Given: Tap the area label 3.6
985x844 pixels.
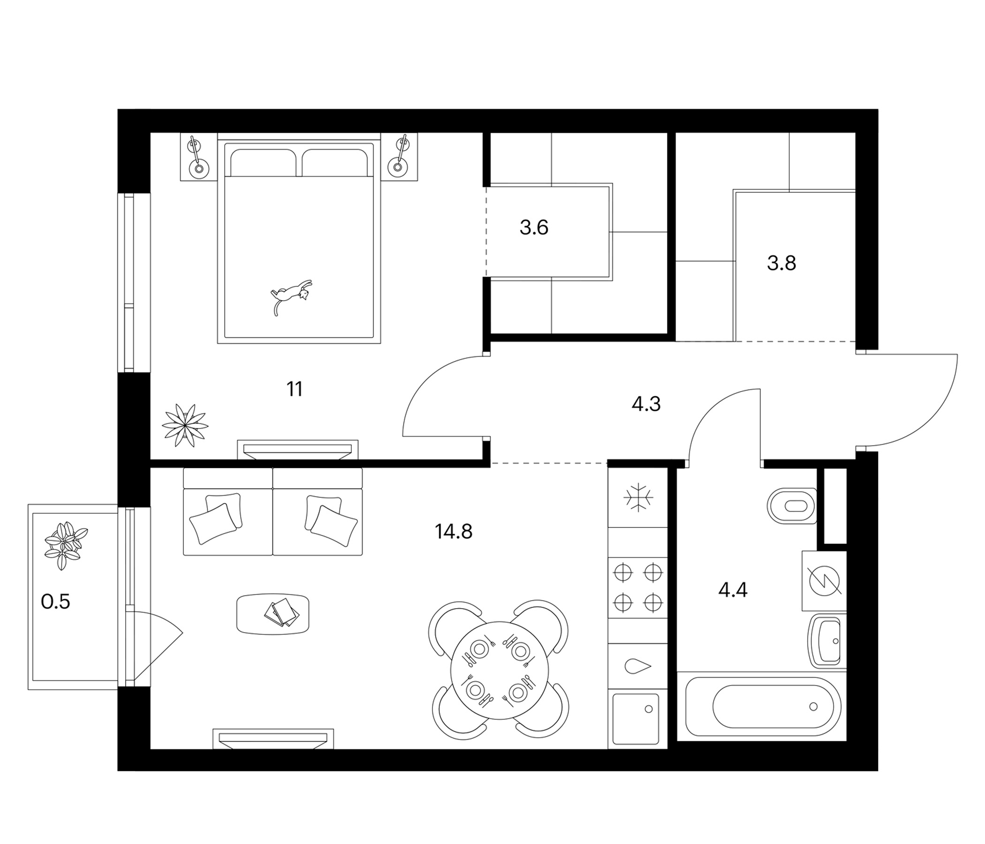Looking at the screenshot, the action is click(x=534, y=227).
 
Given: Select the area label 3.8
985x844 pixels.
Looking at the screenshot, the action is click(x=781, y=263).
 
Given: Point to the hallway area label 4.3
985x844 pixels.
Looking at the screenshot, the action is click(x=646, y=404).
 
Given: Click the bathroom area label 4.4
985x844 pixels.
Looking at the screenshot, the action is click(x=733, y=590).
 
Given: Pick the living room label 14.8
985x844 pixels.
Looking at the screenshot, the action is click(x=454, y=531).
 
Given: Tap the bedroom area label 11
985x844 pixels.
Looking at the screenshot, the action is click(x=295, y=389).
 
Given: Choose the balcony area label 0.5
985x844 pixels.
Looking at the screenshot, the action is click(x=56, y=602).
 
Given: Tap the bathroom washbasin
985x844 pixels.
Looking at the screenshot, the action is click(x=827, y=641).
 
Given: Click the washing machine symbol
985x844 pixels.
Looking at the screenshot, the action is click(x=824, y=581).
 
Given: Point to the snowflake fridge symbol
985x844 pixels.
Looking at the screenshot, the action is click(x=638, y=497).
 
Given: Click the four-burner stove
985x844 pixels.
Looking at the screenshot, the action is click(x=638, y=588).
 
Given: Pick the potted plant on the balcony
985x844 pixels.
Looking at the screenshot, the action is click(x=66, y=546).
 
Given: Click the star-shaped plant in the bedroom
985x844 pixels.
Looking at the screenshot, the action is click(x=185, y=425).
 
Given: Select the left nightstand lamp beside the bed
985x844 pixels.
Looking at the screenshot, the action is click(x=198, y=157).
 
